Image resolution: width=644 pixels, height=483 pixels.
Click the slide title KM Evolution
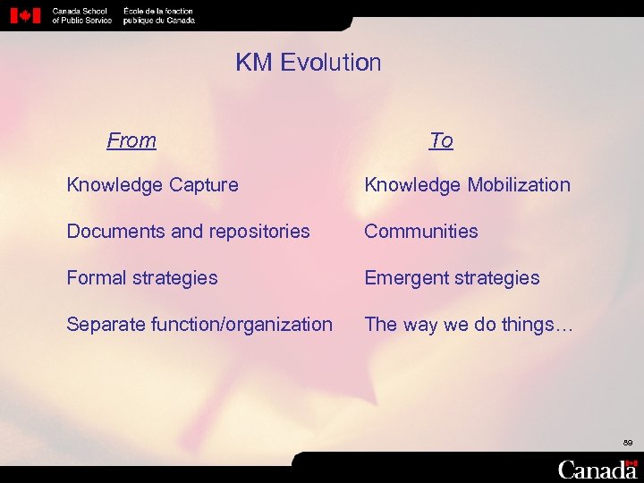tap(309, 63)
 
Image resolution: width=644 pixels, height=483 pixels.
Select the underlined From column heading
tap(131, 140)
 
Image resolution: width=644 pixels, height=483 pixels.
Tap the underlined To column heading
tap(441, 140)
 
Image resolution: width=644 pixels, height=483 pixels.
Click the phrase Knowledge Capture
tap(153, 185)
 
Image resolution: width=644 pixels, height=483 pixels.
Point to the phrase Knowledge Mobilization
tap(467, 185)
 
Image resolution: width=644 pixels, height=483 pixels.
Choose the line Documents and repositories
tap(188, 232)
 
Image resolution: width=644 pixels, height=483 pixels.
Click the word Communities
tap(421, 232)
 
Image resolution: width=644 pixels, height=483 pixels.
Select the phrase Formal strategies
tap(142, 278)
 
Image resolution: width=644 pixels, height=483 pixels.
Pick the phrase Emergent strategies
tap(452, 278)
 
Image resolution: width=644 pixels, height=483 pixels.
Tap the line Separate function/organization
tap(199, 325)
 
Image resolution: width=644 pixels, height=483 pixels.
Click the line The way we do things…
tap(469, 325)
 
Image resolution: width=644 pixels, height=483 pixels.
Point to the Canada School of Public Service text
tap(81, 15)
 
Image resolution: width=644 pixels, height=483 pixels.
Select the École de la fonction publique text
tap(158, 15)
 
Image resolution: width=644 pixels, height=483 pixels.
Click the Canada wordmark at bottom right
tap(597, 470)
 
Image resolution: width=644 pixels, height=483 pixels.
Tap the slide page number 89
tap(627, 443)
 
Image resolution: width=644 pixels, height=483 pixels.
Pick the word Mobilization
tap(518, 185)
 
